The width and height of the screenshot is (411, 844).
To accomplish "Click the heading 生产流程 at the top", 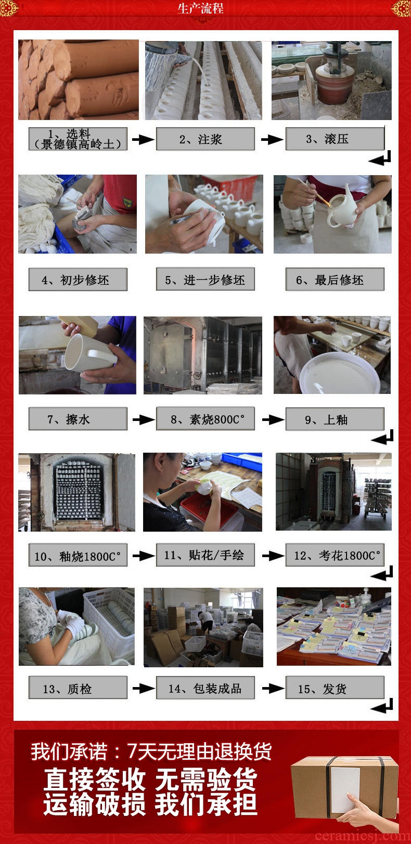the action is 201,8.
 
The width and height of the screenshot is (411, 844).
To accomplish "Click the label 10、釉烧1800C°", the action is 78,555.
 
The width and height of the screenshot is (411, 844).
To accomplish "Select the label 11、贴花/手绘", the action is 205,555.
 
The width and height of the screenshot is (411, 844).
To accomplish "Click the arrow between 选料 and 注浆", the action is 143,139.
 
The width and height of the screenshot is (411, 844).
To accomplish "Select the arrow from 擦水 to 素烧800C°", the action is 143,419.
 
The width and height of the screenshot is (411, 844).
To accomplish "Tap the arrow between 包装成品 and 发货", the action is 273,689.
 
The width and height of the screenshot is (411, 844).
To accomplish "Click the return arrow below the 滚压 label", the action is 380,158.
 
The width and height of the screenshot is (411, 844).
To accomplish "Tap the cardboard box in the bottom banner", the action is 345,787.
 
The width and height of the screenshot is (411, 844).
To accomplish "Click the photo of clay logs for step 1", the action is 79,80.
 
